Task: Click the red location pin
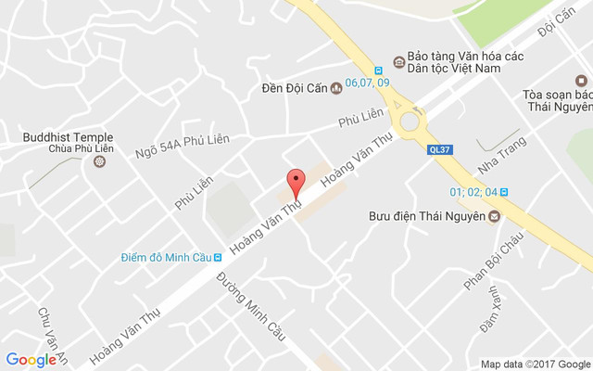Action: coord(296,181)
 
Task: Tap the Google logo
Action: coord(31,360)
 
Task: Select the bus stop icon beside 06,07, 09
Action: coord(378,70)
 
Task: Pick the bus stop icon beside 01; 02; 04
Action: coord(504,193)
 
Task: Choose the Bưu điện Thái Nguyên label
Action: coord(422,216)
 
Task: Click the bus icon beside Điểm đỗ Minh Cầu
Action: coord(217,257)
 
